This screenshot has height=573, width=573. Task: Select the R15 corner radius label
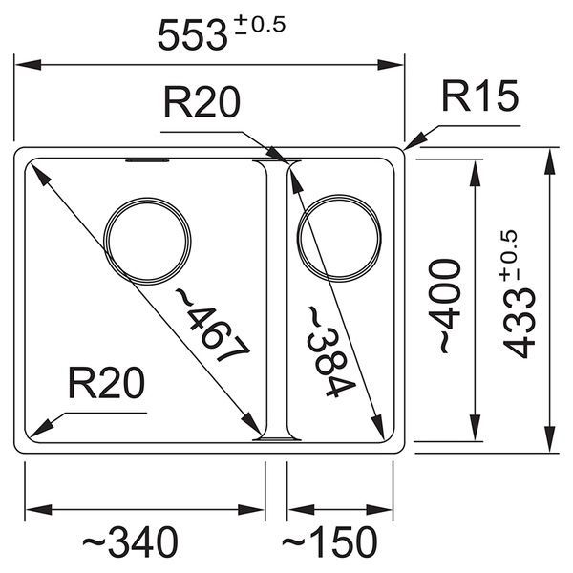(480, 95)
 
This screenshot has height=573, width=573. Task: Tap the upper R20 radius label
(202, 102)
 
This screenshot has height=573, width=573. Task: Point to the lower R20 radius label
(106, 383)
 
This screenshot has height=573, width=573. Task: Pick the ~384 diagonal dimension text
(330, 351)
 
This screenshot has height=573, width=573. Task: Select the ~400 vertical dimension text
(445, 306)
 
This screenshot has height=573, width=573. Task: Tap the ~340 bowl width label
(130, 541)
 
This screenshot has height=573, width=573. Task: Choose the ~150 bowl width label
(329, 541)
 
